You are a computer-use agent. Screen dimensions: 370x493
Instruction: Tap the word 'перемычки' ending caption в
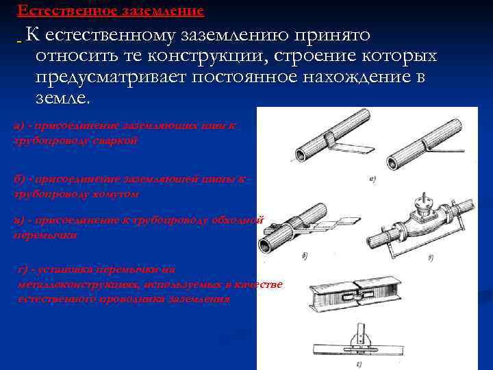pyautogui.click(x=45, y=234)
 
